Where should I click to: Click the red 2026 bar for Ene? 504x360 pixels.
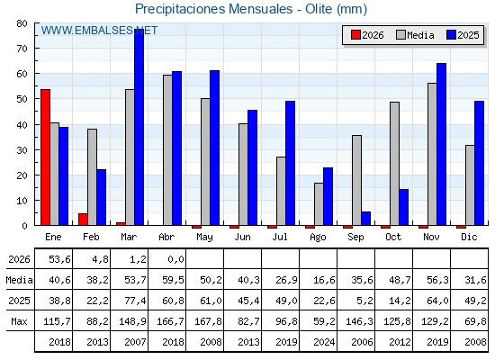pos(45,157)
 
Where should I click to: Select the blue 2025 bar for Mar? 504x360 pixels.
pos(139,127)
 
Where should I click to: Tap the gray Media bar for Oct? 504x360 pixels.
pos(394,164)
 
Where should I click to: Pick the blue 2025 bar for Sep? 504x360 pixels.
pos(365,219)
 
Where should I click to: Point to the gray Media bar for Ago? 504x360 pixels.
pos(319,204)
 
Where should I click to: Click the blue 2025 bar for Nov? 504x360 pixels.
pos(441,144)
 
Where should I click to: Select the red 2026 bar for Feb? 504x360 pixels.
pos(83,220)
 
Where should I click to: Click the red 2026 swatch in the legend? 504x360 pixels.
pos(355,35)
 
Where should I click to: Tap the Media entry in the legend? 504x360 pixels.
pos(415,35)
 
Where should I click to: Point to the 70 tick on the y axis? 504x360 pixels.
pos(22,49)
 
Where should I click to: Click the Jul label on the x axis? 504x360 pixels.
pos(280,237)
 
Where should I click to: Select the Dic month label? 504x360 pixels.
pos(469,237)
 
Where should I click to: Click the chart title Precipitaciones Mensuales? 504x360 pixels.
pos(214,9)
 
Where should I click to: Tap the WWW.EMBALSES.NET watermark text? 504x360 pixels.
pos(99,31)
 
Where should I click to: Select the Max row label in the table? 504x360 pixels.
pos(19,321)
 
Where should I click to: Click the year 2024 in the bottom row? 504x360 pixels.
pos(324,342)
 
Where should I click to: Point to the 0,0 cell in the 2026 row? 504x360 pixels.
pos(175,259)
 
